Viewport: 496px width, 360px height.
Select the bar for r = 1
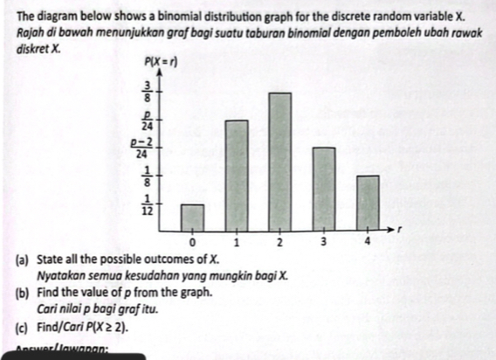click(236, 174)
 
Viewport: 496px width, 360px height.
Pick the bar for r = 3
click(323, 187)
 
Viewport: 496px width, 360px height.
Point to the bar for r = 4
click(368, 202)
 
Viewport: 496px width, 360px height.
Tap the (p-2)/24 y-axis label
click(142, 147)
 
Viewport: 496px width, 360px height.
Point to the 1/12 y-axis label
click(147, 206)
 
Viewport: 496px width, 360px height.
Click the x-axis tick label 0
click(193, 240)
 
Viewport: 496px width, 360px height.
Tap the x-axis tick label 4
click(368, 240)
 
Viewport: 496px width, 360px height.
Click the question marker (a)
click(21, 260)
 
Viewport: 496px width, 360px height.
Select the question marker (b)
click(21, 294)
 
